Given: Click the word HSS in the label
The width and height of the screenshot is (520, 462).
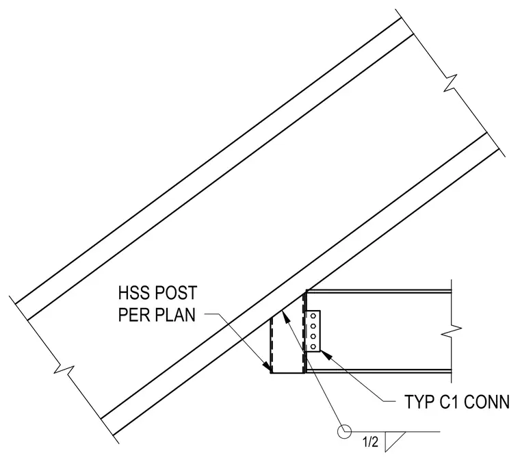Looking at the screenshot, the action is (132, 293).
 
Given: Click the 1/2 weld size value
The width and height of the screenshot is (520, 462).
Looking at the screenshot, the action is (370, 442).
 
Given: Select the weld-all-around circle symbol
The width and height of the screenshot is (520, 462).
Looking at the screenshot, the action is (344, 431).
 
